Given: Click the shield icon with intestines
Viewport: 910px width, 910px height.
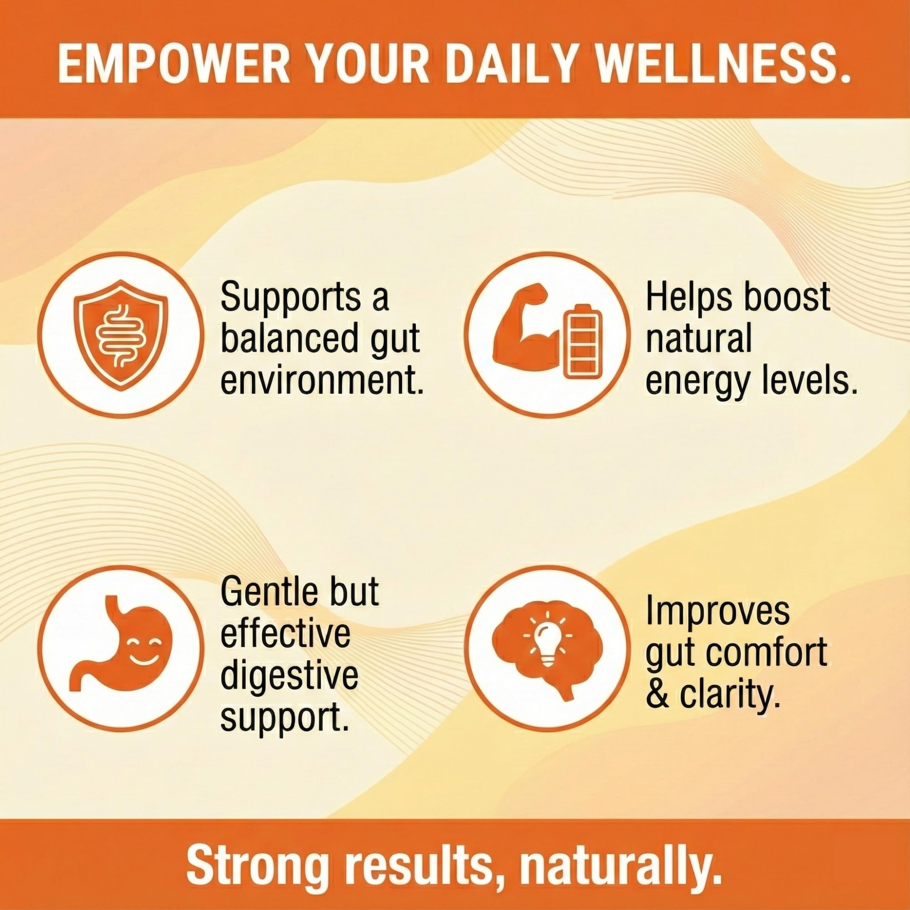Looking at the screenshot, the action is (x=121, y=335).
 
